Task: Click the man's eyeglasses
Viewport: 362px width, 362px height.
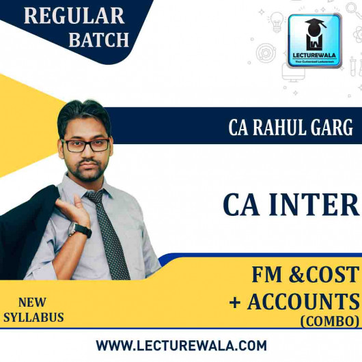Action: tap(85, 145)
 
